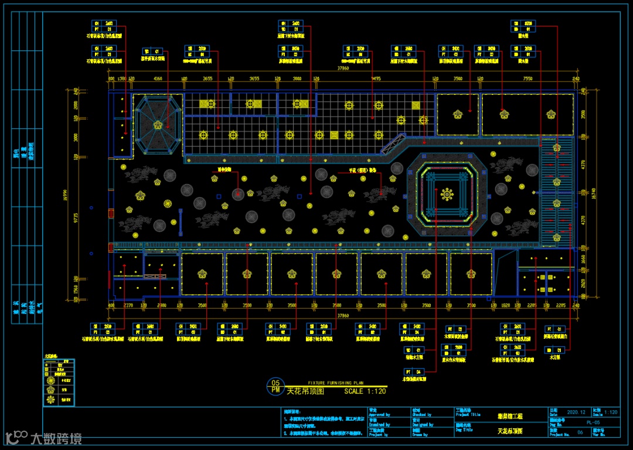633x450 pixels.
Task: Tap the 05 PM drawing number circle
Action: click(x=275, y=387)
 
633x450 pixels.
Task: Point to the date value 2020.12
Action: click(x=576, y=412)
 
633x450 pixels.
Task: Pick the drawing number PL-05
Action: click(x=593, y=421)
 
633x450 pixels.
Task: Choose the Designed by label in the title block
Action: click(x=423, y=424)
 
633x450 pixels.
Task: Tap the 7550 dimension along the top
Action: click(x=527, y=79)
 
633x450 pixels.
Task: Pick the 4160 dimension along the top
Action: click(x=158, y=79)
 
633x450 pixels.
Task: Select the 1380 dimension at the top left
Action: click(x=122, y=79)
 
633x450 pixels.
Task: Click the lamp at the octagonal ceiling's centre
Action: click(x=158, y=125)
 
